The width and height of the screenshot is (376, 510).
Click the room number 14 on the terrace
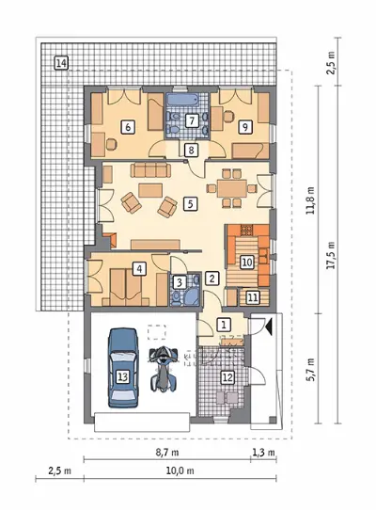(61, 63)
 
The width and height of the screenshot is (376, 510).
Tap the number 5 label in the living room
(190, 204)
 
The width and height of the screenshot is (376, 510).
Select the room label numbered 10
(247, 262)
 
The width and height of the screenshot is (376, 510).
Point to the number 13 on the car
(122, 376)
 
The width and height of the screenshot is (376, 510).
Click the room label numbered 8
(191, 150)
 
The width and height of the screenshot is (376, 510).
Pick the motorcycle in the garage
(164, 369)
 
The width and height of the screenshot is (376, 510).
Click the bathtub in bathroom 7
(181, 100)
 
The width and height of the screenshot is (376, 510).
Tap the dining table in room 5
(232, 188)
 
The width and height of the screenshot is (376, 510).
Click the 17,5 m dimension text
(332, 255)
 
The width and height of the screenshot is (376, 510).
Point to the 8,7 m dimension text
(167, 452)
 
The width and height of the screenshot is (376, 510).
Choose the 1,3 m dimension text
(263, 452)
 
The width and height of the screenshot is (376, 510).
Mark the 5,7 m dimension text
(311, 370)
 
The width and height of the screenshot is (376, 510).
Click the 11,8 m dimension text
(311, 200)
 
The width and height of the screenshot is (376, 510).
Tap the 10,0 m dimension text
(180, 470)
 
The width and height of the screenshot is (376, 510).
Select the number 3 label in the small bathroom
(179, 282)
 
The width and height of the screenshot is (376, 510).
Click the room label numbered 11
(253, 297)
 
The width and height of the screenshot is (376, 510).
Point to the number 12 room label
(227, 377)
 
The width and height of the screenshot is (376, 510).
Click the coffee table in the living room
(150, 190)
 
